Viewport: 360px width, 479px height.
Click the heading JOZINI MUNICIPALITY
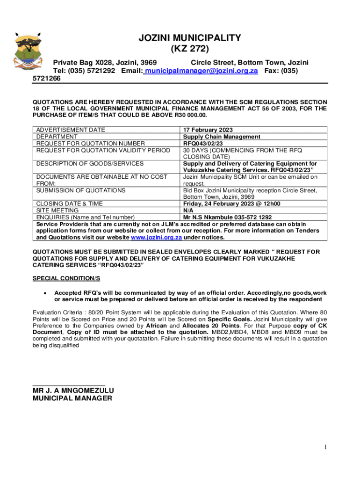[189, 38]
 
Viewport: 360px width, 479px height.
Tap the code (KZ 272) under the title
[189, 48]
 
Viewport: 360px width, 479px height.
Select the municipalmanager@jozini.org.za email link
[202, 71]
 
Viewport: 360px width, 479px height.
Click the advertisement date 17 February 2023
[208, 130]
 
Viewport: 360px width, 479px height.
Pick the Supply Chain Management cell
[221, 137]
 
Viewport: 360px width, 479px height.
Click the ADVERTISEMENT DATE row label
[71, 130]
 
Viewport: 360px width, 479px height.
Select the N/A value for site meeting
[188, 210]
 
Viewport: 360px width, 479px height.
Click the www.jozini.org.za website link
[156, 237]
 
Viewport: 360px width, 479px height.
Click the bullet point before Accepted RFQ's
[44, 293]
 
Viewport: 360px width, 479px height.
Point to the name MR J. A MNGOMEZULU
[73, 391]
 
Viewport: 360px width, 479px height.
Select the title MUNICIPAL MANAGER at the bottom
[72, 399]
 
